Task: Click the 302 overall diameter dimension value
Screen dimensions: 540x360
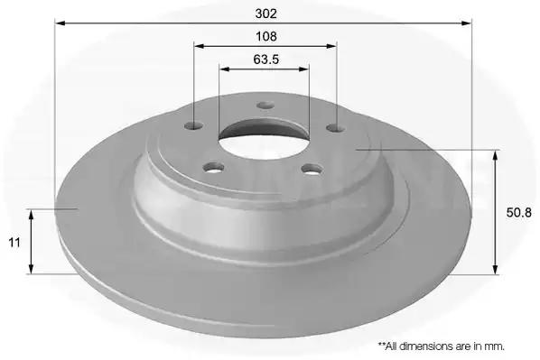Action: pos(266,14)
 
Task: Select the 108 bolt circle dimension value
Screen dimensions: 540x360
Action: pos(266,36)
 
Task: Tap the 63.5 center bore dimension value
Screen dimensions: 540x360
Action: pos(266,60)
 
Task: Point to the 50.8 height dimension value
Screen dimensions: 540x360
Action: pos(518,213)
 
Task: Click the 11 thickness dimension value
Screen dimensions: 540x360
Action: pos(14,243)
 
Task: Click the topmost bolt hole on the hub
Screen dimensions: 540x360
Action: pos(265,105)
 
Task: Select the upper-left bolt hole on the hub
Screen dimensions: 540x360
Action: pos(193,125)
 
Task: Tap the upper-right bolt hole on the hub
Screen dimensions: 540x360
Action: pos(336,128)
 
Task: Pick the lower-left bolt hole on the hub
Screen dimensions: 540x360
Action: pos(213,168)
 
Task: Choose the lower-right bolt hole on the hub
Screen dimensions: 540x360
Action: pos(312,169)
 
